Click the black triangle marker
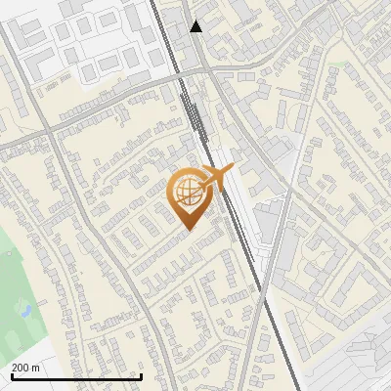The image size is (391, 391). tap(196, 26)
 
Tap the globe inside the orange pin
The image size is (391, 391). tap(188, 191)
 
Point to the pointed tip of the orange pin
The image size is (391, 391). tap(188, 230)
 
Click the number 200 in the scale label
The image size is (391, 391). tap(21, 368)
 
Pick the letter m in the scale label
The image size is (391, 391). tap(36, 368)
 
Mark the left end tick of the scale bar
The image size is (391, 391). tap(12, 376)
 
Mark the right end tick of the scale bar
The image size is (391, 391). tap(142, 376)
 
